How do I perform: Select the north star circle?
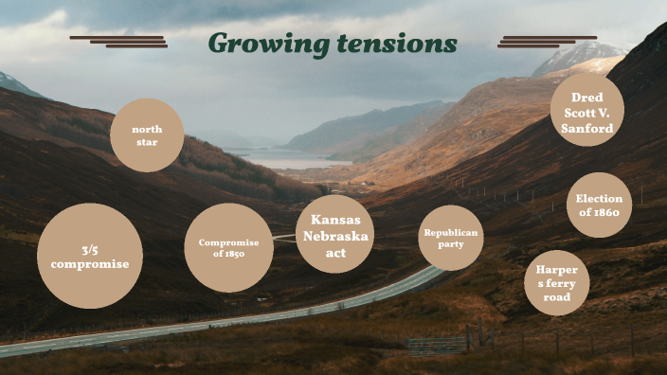146,135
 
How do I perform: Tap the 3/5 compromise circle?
90,256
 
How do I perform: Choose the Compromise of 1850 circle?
228,248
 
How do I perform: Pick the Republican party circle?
451,239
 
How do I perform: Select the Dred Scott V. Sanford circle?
587,111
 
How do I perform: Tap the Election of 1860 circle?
599,205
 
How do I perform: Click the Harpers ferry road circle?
557,283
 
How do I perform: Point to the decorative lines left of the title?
118,41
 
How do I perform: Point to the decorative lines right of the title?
547,41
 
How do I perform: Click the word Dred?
587,97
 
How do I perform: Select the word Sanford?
587,128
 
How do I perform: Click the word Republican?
451,232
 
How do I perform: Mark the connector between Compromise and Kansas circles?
284,237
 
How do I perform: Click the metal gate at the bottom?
437,346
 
